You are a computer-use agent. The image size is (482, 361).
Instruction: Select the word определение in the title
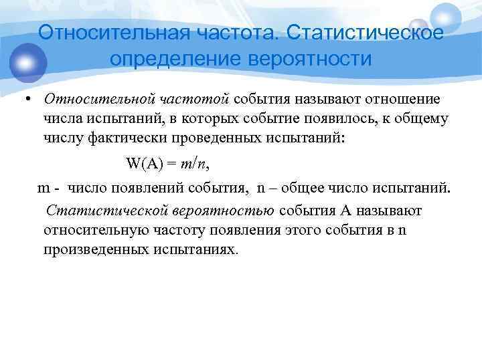pos(175,59)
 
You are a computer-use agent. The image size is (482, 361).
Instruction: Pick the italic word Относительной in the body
pos(100,100)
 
